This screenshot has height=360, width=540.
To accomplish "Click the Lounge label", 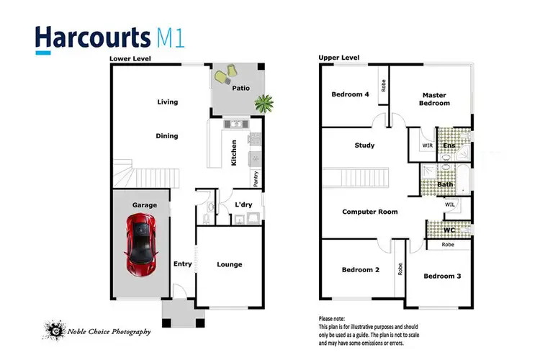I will pyautogui.click(x=230, y=264).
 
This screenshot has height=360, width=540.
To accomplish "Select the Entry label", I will pyautogui.click(x=183, y=264).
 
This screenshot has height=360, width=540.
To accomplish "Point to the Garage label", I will pyautogui.click(x=144, y=205).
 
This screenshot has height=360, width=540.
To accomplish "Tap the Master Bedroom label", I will pyautogui.click(x=436, y=99).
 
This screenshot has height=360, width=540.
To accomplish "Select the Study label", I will pyautogui.click(x=365, y=145).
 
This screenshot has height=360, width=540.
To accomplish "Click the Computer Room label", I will pyautogui.click(x=370, y=212).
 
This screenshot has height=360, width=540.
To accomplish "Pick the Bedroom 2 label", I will pyautogui.click(x=361, y=270).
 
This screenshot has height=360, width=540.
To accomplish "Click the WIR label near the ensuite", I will pyautogui.click(x=427, y=145).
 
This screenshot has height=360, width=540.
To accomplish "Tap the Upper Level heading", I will pyautogui.click(x=338, y=57).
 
